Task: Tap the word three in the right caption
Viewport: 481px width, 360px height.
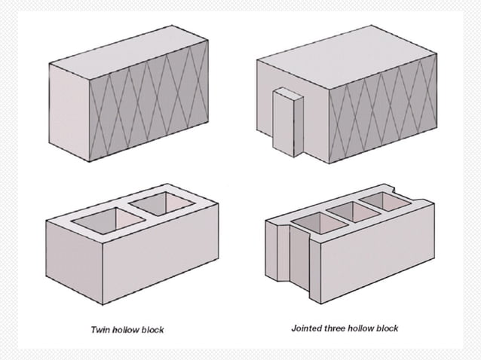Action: (x=335, y=328)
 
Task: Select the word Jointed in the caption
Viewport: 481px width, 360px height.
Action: (x=306, y=328)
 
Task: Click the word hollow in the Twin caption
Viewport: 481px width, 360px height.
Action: (x=126, y=330)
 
